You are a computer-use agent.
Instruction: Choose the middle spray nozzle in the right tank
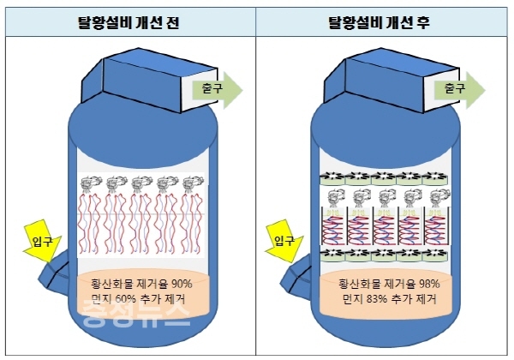point(384,200)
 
